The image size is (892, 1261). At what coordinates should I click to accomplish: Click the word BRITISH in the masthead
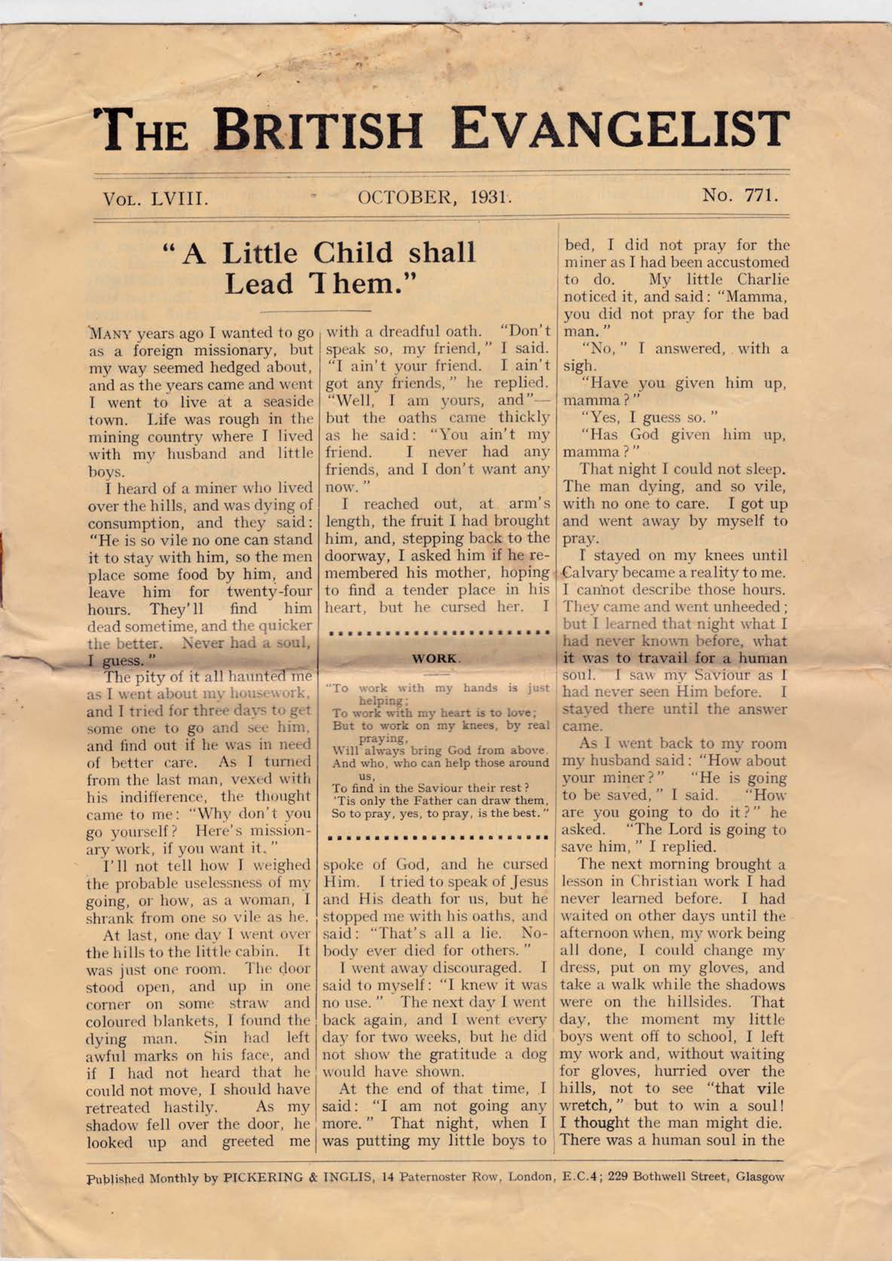pos(318,129)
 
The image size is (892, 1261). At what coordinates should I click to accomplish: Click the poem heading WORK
pos(436,658)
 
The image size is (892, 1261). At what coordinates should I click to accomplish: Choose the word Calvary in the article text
pos(590,573)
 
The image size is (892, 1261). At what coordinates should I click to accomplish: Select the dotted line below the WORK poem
pos(436,836)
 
